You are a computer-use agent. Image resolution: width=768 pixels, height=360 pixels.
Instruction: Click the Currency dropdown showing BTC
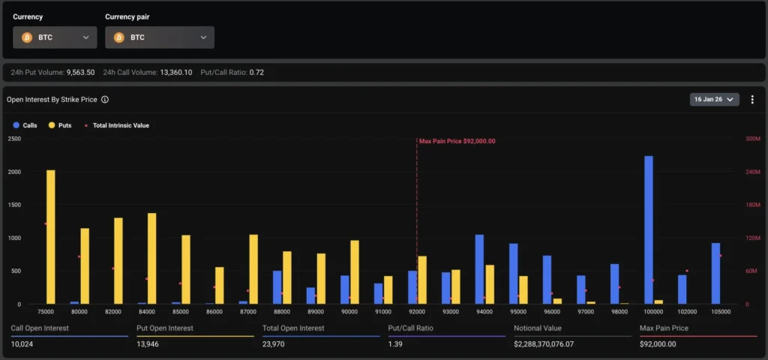point(54,37)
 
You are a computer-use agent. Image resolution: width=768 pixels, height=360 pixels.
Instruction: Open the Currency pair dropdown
point(159,37)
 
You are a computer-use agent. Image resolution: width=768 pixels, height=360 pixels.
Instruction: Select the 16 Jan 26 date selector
point(713,99)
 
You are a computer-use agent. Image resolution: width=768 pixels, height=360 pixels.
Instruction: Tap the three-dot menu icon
point(752,99)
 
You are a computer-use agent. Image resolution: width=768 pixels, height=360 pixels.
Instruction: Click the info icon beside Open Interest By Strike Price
point(105,99)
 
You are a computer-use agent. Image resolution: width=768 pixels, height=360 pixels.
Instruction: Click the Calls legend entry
point(25,125)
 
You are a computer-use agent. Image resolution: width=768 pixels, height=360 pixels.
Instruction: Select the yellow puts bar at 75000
point(51,236)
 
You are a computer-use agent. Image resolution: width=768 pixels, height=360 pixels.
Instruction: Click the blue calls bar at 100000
point(649,229)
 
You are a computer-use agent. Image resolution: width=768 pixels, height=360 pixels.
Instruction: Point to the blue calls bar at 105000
point(715,273)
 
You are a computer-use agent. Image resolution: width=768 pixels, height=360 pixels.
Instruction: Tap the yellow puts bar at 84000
point(152,258)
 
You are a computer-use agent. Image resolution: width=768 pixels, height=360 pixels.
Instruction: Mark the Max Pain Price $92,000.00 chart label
point(457,141)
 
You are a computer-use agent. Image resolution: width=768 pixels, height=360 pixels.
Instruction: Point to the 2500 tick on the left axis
point(13,139)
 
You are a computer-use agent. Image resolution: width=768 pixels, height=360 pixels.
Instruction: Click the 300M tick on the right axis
point(751,139)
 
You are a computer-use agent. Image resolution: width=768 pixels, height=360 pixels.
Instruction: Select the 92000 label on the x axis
point(417,310)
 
